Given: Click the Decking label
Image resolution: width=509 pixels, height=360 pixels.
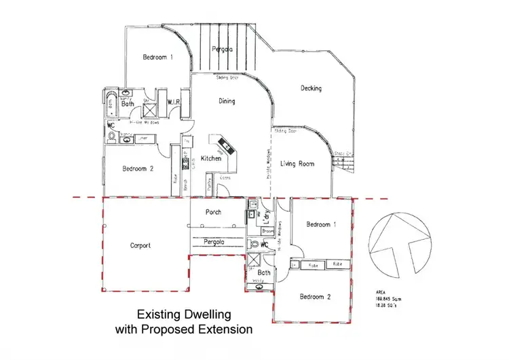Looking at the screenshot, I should (x=311, y=88).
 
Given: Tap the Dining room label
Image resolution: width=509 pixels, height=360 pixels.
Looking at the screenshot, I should (x=227, y=102).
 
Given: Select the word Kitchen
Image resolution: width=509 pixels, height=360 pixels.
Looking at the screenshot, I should (x=211, y=158).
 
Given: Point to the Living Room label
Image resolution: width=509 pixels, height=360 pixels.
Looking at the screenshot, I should (x=297, y=164).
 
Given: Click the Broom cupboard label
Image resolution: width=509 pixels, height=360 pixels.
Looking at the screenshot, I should (x=267, y=231).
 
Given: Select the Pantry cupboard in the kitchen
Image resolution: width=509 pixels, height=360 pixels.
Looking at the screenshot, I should (x=212, y=183).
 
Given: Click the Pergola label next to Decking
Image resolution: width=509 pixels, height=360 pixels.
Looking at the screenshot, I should (x=222, y=50).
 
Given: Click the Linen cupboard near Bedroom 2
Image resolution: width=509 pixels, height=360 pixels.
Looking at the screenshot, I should (x=143, y=138).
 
